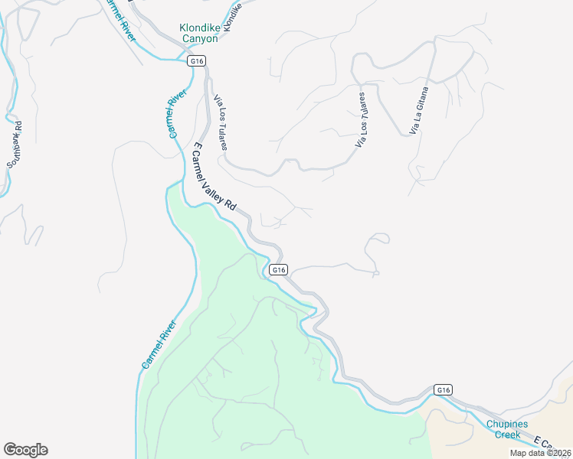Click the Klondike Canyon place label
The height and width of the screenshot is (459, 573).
click(198, 33)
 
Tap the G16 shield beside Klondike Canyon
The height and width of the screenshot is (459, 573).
click(198, 61)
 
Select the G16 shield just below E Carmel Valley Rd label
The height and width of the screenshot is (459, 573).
click(279, 269)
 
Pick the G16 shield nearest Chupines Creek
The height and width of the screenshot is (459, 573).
click(443, 390)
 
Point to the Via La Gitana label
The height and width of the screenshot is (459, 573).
click(419, 112)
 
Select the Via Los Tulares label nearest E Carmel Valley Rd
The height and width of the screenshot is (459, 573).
click(221, 122)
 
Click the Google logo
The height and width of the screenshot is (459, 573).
click(25, 449)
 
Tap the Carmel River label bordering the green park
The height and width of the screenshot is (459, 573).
click(159, 346)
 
